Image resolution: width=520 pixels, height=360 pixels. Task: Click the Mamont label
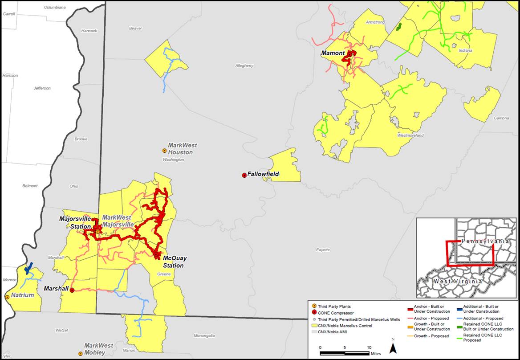click(333, 53)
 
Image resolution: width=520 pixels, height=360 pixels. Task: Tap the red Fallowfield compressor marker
click(244, 175)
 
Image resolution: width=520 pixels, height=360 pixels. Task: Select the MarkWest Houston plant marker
click(164, 151)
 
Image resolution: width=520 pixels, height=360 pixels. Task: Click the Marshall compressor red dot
click(72, 290)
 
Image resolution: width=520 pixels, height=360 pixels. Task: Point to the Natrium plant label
click(23, 295)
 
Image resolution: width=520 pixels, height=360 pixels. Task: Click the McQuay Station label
click(173, 262)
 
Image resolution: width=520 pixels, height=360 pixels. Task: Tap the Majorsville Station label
click(75, 222)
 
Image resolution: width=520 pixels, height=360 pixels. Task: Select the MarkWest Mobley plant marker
click(80, 353)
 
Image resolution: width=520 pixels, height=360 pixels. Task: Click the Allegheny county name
click(244, 65)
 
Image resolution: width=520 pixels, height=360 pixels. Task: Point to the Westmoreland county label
click(410, 135)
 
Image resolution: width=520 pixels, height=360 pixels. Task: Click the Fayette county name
click(323, 250)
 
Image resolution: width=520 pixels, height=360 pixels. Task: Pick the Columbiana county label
click(55, 8)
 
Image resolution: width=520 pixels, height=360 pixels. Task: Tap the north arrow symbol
click(393, 347)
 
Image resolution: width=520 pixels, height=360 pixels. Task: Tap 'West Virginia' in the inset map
click(457, 281)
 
